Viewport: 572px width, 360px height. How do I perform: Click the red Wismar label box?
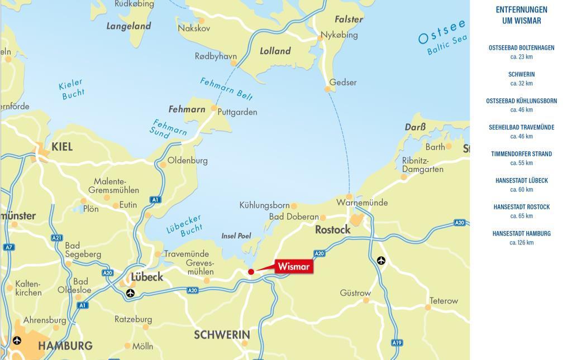294,267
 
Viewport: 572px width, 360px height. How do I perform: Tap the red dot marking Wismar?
251,272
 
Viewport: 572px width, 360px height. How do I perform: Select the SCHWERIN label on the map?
222,335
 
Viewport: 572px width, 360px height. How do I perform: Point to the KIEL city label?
62,147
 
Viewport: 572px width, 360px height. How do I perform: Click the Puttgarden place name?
237,112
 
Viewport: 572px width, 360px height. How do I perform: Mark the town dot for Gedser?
327,89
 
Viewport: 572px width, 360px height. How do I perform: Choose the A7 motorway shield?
8,247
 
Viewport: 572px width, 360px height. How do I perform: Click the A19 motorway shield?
397,343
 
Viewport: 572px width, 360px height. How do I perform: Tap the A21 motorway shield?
57,238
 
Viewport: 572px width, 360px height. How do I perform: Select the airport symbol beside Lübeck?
130,294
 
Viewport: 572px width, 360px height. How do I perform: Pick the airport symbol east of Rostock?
381,261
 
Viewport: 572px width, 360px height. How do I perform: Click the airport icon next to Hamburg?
17,340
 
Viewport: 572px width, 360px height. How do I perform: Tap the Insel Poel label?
236,236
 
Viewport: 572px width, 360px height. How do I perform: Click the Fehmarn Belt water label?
226,88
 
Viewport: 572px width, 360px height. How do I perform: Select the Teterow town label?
444,301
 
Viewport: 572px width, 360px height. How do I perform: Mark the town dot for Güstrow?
366,300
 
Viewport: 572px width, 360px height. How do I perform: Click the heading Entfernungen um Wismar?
521,15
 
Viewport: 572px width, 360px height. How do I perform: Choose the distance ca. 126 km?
521,243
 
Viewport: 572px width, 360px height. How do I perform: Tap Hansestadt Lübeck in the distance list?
521,180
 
